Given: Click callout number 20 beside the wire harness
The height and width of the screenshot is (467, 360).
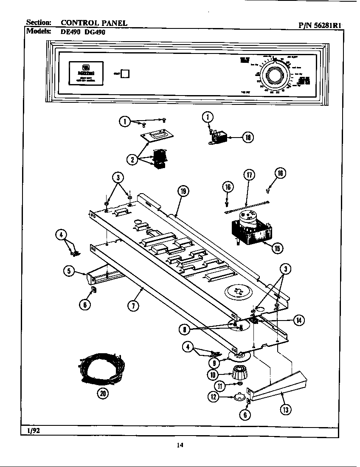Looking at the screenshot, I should [x=102, y=394].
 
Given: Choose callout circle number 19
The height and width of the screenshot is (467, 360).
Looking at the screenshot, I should [x=183, y=191].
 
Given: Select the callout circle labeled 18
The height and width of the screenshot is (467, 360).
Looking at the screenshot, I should [x=248, y=137].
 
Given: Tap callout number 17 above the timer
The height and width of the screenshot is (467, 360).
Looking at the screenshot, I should [x=250, y=175].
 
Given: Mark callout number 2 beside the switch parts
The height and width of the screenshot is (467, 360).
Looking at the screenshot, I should [x=132, y=160].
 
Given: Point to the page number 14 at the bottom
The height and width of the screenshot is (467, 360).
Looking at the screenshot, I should [x=180, y=445].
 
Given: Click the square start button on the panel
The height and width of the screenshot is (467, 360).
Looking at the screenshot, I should [x=126, y=73].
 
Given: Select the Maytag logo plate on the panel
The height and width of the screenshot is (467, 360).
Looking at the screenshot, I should [x=86, y=72].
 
